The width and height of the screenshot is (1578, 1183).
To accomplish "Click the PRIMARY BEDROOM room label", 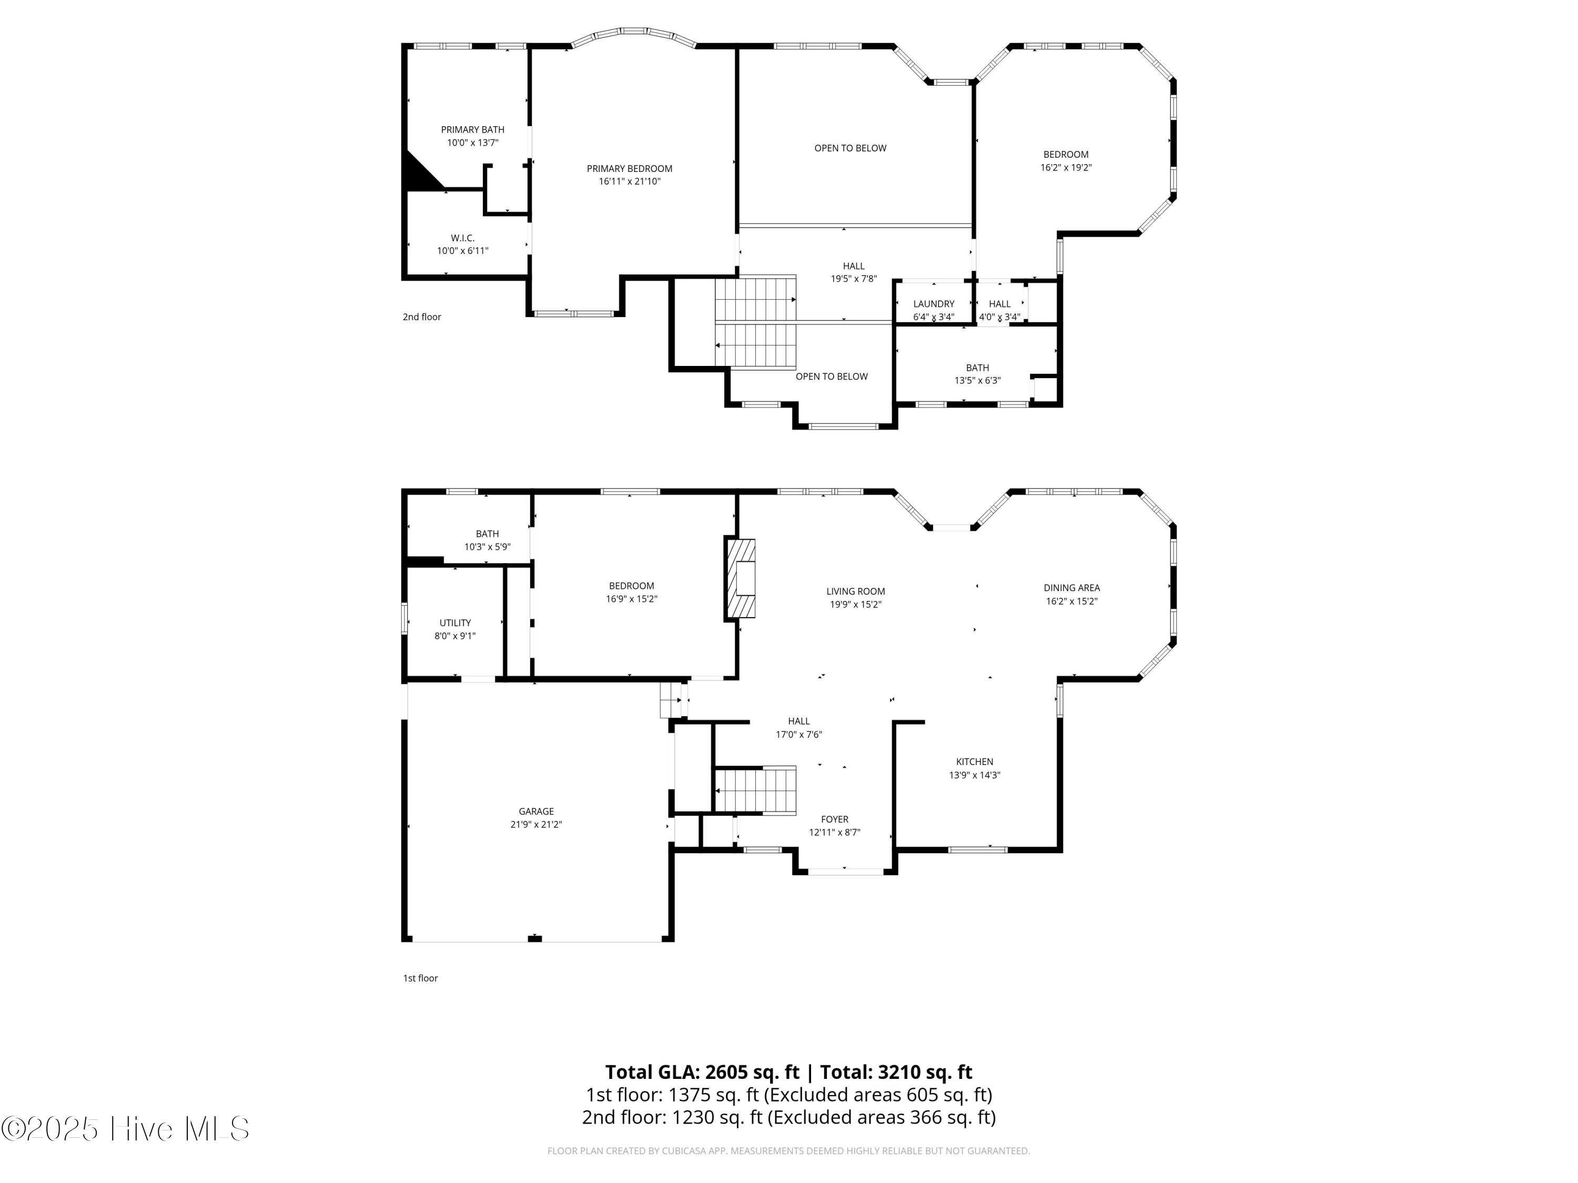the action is pos(629,169).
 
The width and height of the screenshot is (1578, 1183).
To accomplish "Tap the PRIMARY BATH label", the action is pos(472,130).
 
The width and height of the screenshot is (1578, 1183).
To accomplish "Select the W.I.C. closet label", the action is pos(462,238).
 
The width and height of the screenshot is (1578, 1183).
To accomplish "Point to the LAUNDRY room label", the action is pos(933,304).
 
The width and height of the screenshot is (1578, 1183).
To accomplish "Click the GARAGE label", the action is pos(536,811).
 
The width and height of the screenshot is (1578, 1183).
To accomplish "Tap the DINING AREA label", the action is pos(1071,588).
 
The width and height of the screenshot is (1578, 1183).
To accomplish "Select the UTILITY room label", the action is pos(454,623).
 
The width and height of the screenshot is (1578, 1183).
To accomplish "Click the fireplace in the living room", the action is pos(741,578).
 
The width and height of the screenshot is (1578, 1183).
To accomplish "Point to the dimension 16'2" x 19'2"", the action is pos(1066,168).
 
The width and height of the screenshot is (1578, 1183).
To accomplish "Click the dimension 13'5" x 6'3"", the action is pos(977,381).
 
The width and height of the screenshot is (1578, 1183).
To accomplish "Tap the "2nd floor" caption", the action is pos(422,318).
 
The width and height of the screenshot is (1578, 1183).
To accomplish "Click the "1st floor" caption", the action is pos(420,978).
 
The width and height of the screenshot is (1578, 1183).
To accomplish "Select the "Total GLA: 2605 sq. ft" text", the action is pos(703,1073).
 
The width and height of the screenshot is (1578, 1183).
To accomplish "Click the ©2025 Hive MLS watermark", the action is pos(125,1129).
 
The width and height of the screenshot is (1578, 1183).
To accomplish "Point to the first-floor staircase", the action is pos(755,790).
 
